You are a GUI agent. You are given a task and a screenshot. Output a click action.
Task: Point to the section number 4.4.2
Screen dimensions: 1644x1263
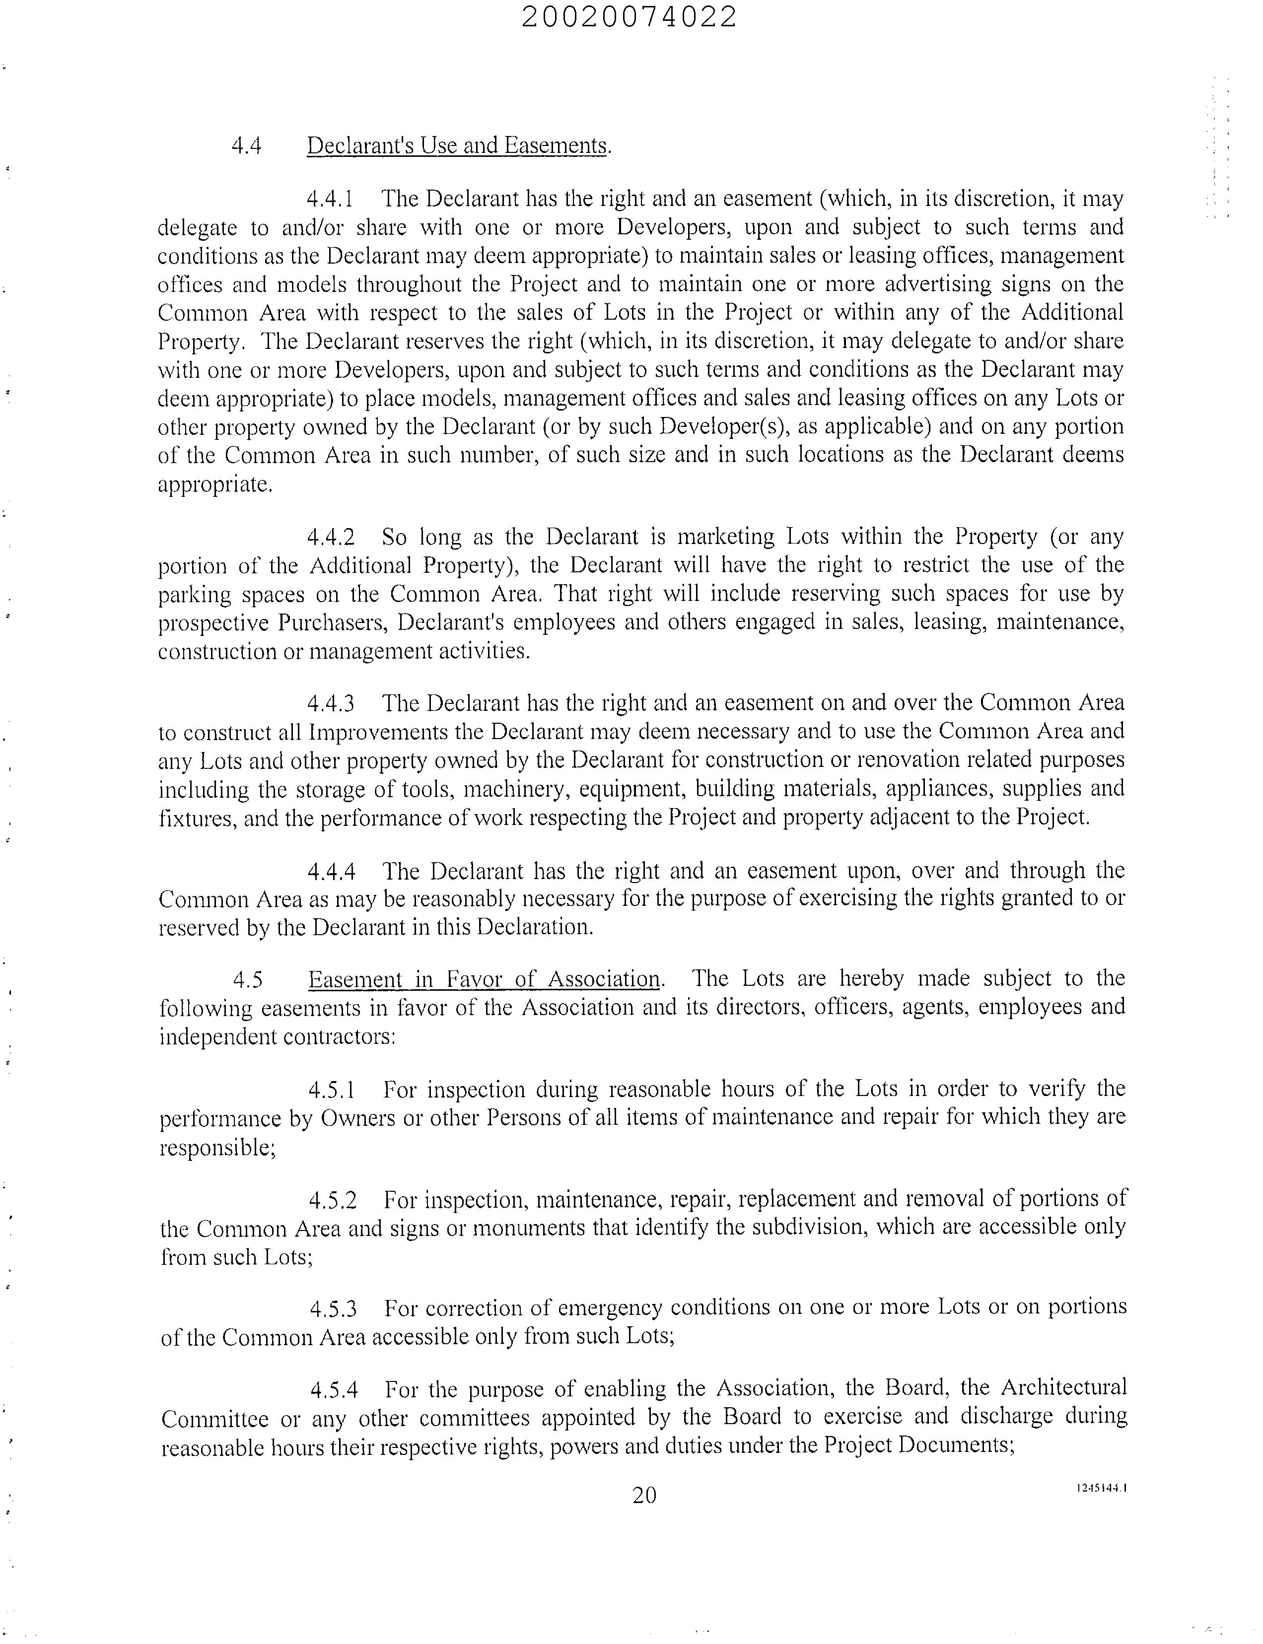pyautogui.click(x=330, y=538)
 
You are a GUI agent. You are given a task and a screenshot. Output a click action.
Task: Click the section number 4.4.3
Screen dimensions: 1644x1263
pyautogui.click(x=330, y=703)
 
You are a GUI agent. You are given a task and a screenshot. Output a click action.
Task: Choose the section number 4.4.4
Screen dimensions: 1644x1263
pyautogui.click(x=331, y=871)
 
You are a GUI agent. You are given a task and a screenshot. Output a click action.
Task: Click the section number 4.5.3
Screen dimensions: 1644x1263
pyautogui.click(x=333, y=1309)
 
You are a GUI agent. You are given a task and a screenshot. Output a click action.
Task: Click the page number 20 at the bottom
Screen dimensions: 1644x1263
pyautogui.click(x=644, y=1496)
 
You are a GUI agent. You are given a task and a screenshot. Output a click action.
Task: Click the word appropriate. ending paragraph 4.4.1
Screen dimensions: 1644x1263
pyautogui.click(x=215, y=485)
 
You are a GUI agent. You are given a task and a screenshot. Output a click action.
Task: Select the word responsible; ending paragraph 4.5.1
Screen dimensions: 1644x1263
pyautogui.click(x=218, y=1148)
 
